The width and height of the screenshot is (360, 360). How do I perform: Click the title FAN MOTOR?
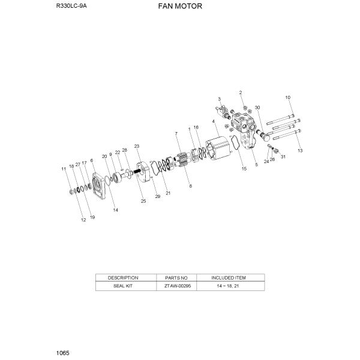180,7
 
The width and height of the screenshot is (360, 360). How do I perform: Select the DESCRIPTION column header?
123,278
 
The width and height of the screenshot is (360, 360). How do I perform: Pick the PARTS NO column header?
176,278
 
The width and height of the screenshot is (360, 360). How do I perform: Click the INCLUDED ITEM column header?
229,278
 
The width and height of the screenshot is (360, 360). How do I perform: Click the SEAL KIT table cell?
123,286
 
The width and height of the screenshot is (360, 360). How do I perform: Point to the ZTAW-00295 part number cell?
176,286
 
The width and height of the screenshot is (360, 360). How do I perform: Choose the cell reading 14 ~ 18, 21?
229,286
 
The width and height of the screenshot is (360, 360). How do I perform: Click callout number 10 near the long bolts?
287,97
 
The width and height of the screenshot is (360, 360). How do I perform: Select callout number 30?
257,107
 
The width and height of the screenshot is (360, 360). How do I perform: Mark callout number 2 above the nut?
241,92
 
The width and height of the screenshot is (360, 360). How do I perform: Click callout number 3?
220,98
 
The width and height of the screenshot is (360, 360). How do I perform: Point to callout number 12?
83,221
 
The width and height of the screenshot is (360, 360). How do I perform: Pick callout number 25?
143,201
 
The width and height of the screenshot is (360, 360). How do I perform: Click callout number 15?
244,169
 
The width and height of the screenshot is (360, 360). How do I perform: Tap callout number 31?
283,157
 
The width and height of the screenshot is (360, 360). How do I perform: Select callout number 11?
64,170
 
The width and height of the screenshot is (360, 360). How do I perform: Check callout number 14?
116,210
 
